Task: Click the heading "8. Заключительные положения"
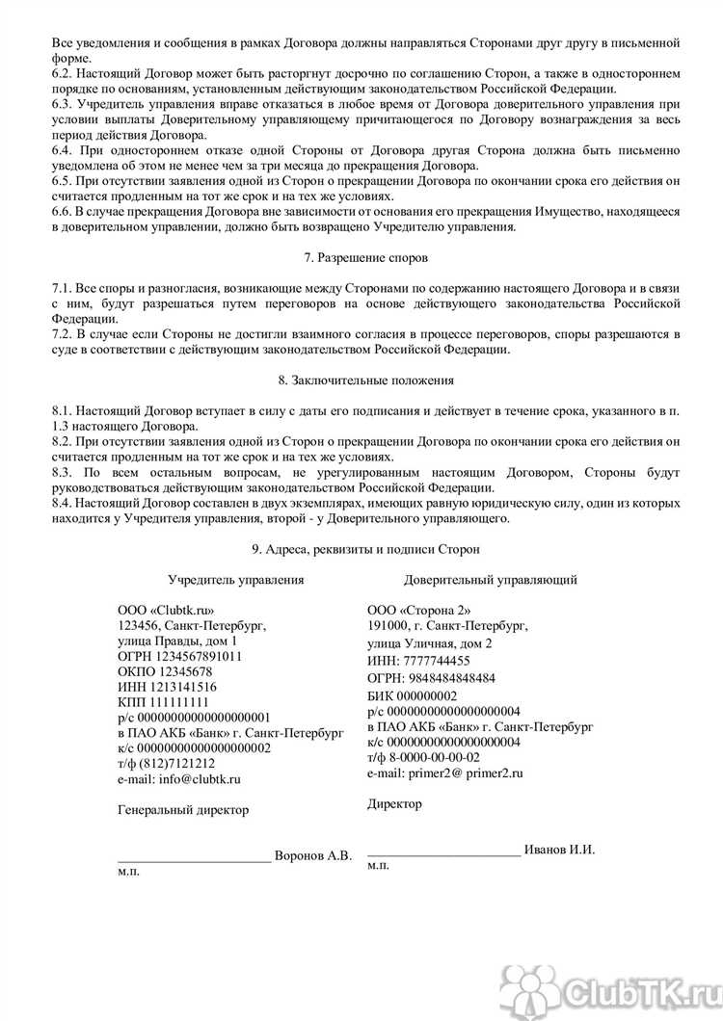coord(361,380)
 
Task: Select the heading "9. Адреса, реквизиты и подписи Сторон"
coord(361,548)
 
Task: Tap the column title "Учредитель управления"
coord(236,580)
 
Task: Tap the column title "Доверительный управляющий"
coord(491,580)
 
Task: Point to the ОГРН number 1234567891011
coord(179,657)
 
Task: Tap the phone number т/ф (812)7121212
coord(166,763)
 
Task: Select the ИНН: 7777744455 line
coord(418,661)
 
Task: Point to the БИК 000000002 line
coord(412,695)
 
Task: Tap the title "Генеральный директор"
coord(183,810)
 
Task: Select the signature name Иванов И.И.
coord(560,850)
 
